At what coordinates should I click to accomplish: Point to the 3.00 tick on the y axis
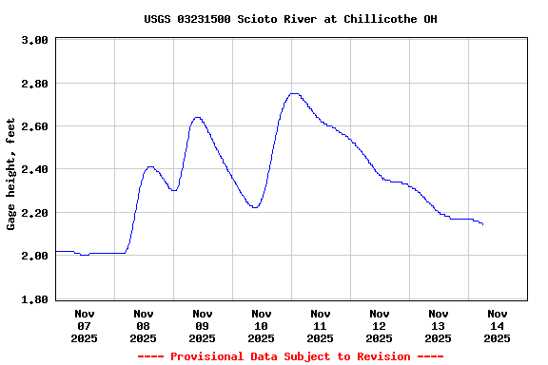point(34,41)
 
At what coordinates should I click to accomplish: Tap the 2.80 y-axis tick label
point(34,84)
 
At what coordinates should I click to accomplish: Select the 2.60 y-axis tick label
point(34,126)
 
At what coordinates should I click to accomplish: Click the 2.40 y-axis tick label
point(34,169)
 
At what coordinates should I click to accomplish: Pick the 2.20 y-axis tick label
point(34,213)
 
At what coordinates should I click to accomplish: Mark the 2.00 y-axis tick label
point(34,256)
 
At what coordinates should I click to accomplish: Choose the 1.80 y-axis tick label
point(34,299)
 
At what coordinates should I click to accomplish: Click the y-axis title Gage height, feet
point(11,174)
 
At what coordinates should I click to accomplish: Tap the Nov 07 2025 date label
point(84,325)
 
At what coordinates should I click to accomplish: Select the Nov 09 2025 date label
point(202,325)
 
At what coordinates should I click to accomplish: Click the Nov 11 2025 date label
point(320,325)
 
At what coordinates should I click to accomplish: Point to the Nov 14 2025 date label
point(497,325)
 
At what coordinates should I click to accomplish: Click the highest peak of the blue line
point(294,93)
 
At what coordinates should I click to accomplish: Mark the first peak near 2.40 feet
point(150,166)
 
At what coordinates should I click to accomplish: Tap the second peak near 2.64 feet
point(197,117)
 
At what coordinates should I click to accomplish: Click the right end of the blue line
point(483,224)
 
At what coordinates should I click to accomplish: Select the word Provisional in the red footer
point(204,356)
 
